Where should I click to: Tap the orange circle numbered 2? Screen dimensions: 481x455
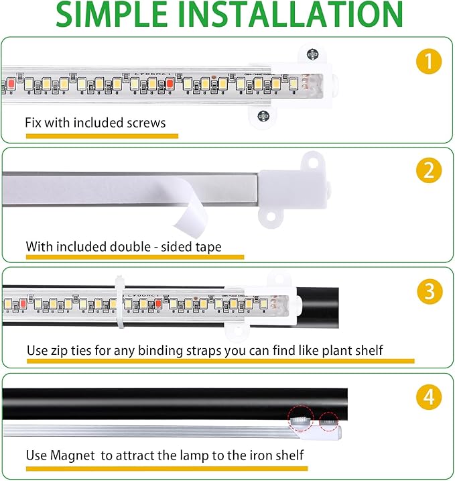coord(428,170)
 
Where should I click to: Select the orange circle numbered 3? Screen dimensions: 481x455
coord(428,292)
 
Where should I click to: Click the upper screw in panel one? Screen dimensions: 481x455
coord(312,54)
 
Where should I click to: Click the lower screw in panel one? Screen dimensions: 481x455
coord(263,115)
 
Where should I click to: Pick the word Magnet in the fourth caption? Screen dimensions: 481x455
coord(73,456)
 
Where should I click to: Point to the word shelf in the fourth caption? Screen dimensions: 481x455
coord(290,456)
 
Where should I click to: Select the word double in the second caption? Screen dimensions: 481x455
coord(133,247)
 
